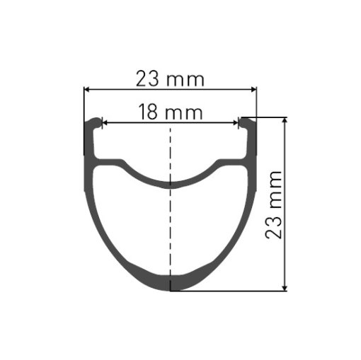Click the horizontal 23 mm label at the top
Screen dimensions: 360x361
[x=170, y=79]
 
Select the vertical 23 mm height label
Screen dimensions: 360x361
[x=275, y=204]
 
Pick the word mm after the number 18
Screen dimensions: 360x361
[x=184, y=112]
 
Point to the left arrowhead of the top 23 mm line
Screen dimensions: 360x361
[x=87, y=90]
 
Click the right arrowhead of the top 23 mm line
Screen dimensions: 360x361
[x=253, y=90]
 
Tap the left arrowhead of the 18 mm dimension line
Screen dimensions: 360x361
[x=105, y=122]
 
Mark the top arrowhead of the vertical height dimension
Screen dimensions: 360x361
[x=285, y=121]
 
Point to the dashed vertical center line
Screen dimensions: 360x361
[x=170, y=212]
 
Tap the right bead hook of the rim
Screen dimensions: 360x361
[x=247, y=123]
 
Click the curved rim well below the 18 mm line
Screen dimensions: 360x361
[x=170, y=182]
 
